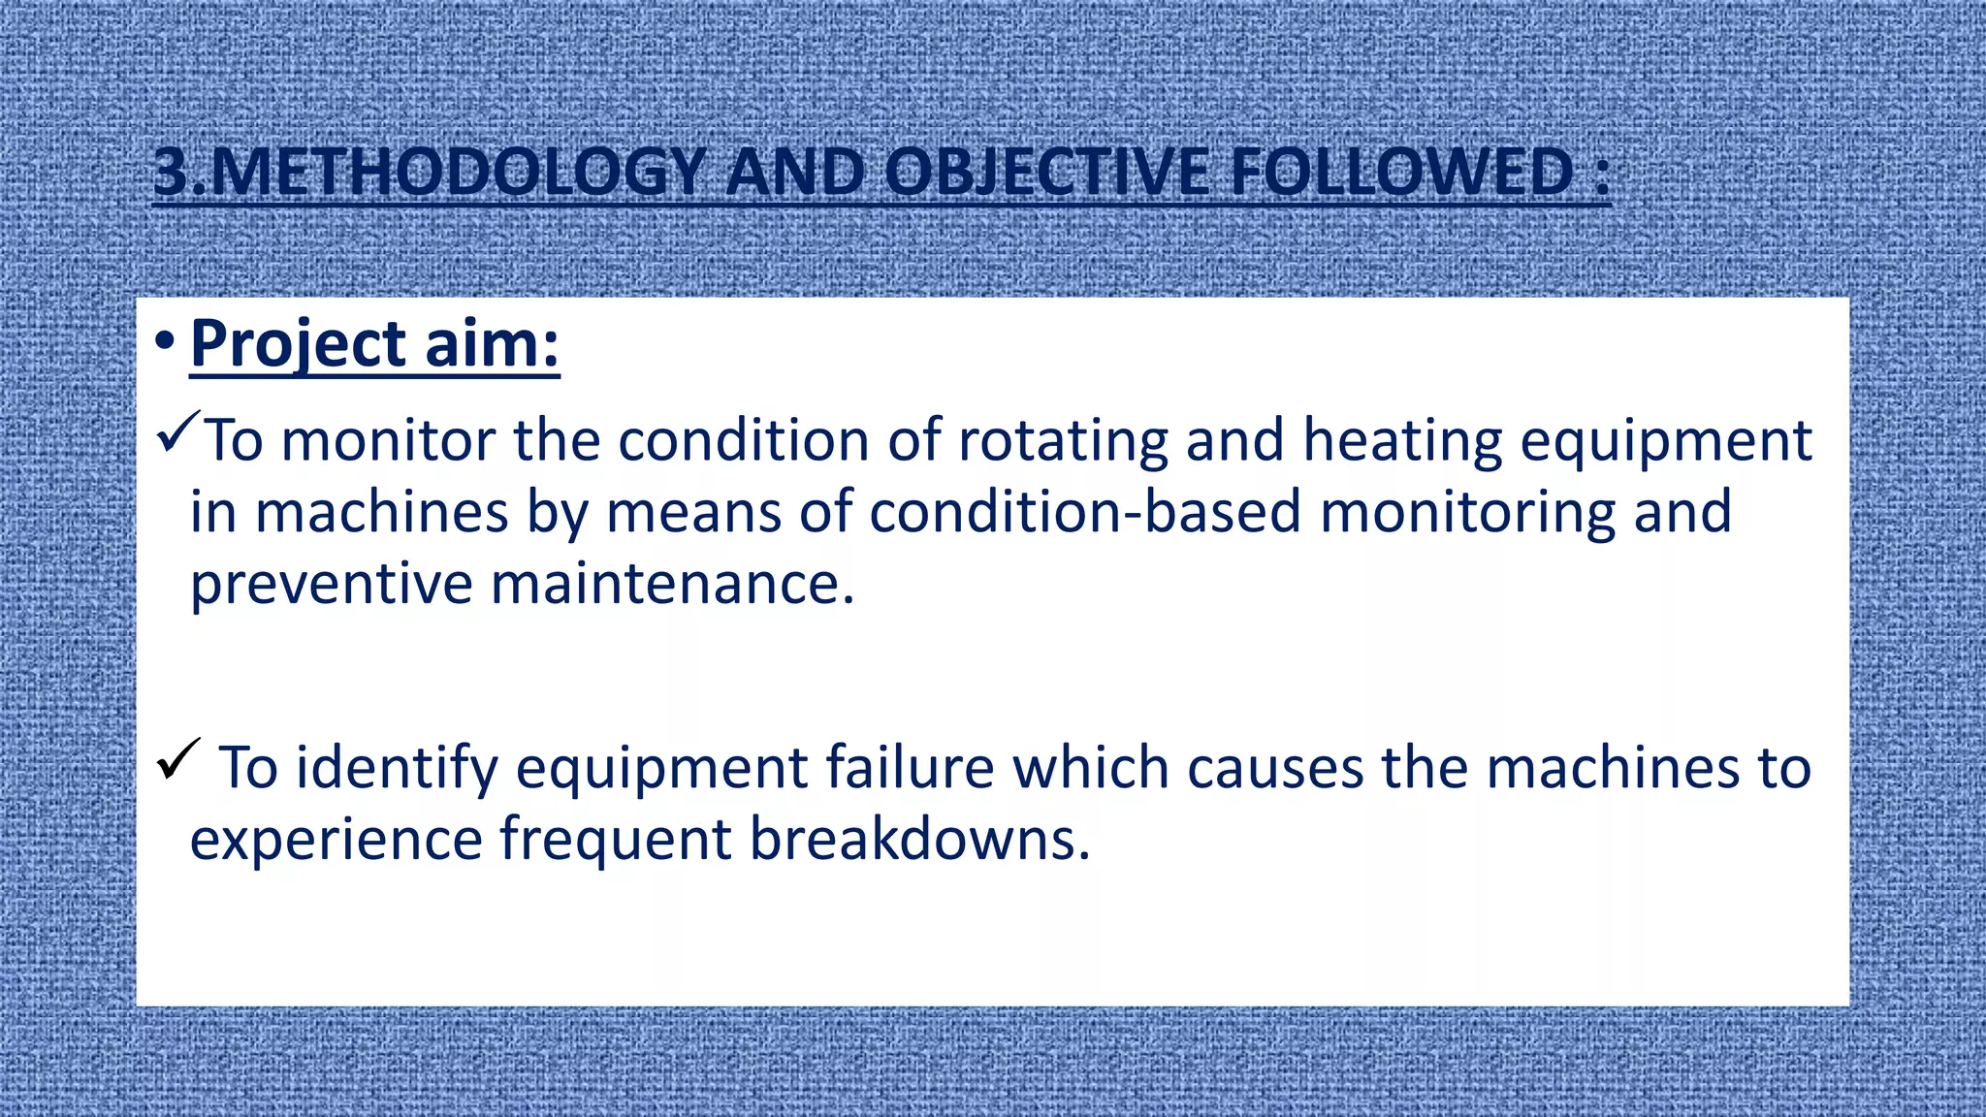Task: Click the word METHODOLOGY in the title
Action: (x=456, y=173)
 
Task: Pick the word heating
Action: (x=1401, y=441)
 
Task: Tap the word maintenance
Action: (x=672, y=585)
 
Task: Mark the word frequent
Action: (x=615, y=839)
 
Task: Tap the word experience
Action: (x=336, y=839)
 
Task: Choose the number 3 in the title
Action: (x=175, y=173)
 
